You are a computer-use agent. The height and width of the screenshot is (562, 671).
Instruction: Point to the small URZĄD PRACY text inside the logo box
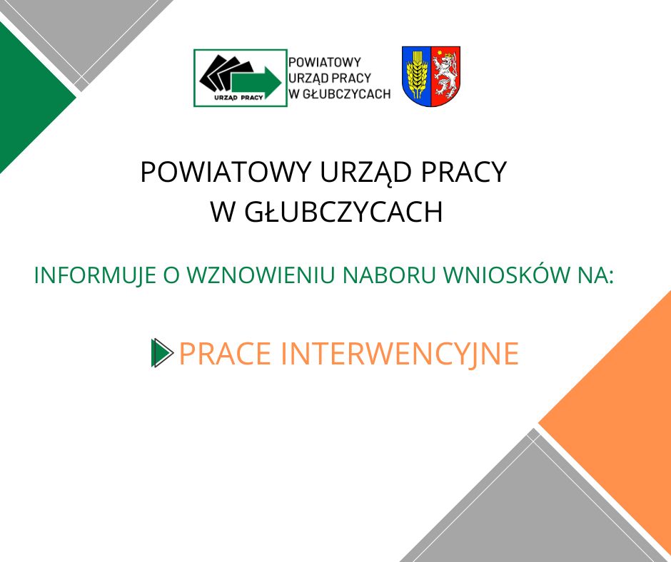click(239, 98)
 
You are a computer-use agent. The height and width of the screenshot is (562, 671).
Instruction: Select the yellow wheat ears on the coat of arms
click(416, 73)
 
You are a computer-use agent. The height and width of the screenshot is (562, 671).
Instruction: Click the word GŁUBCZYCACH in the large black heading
click(343, 212)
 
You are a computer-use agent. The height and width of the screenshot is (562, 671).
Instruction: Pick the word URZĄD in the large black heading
click(366, 173)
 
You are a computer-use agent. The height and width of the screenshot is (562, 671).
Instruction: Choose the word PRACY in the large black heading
click(464, 172)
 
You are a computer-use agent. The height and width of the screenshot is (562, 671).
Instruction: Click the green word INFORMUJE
click(94, 275)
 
